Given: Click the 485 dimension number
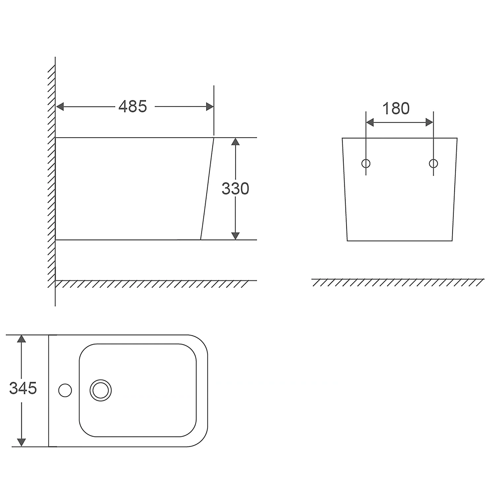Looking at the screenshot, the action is (x=133, y=106).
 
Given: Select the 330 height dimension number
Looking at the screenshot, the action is (x=235, y=189).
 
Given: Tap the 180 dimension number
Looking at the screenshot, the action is (x=396, y=108).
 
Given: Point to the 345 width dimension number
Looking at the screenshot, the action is (x=23, y=388).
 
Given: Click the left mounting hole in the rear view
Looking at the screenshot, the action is (x=366, y=163).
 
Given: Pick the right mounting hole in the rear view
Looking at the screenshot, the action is (x=433, y=163).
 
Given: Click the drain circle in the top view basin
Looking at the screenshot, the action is (x=101, y=390).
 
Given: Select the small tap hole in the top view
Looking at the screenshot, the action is (x=65, y=390).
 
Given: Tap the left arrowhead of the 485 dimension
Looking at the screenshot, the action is (x=60, y=107).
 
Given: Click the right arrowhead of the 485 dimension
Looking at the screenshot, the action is (x=210, y=107).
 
